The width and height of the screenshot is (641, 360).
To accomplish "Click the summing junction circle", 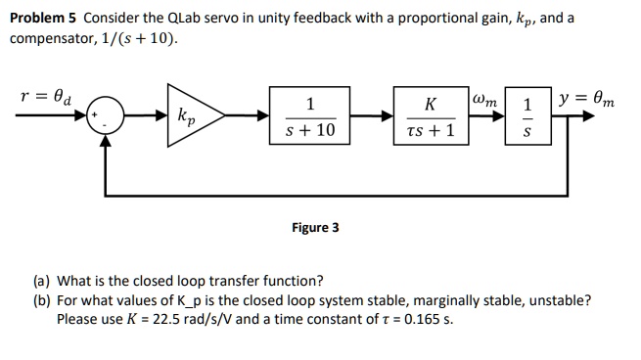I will click(x=107, y=116).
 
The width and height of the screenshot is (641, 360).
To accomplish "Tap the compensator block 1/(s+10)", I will click(x=308, y=116).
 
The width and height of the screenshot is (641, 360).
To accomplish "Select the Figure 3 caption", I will click(x=316, y=228).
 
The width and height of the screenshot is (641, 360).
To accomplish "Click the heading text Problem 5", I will click(x=45, y=18).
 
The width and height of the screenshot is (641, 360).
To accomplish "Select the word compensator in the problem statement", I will click(x=46, y=38).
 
